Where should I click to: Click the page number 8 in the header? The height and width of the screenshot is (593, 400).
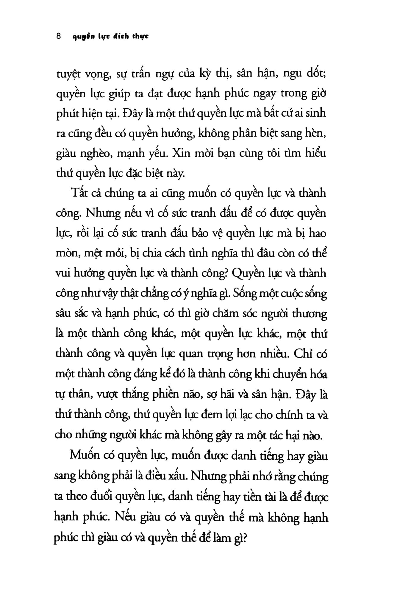58,36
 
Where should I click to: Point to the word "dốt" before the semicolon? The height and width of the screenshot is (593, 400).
316,73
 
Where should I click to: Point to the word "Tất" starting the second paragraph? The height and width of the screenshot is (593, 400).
78,193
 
